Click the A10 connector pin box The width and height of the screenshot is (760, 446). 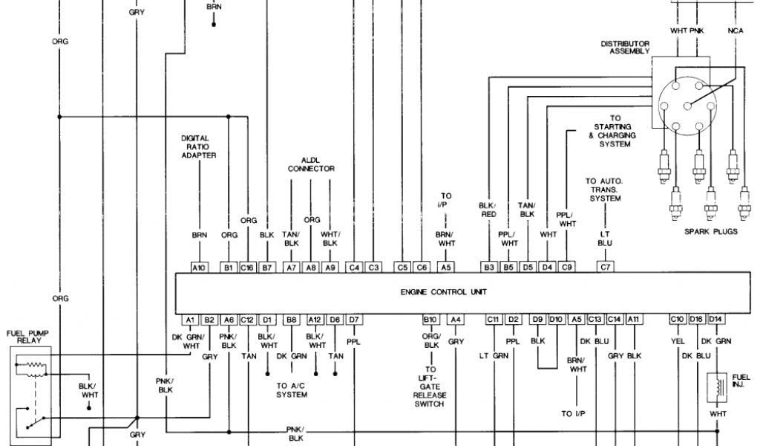[199, 266]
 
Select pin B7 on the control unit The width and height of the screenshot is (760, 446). [267, 266]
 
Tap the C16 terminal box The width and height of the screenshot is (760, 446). [248, 266]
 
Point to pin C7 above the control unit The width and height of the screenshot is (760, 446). [605, 266]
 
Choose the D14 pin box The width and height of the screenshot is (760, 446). [715, 320]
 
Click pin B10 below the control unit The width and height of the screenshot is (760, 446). [430, 320]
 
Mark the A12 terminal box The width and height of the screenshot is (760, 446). [316, 320]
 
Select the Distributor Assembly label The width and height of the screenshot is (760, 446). [625, 48]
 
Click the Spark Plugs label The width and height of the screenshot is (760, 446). [711, 232]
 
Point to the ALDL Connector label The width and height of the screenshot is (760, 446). [317, 164]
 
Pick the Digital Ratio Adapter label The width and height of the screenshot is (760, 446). [199, 146]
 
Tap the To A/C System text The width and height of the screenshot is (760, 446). [292, 390]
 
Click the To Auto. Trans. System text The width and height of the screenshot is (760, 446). [604, 190]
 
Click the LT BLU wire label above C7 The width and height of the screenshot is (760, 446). [605, 238]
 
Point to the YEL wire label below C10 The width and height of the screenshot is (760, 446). [677, 341]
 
